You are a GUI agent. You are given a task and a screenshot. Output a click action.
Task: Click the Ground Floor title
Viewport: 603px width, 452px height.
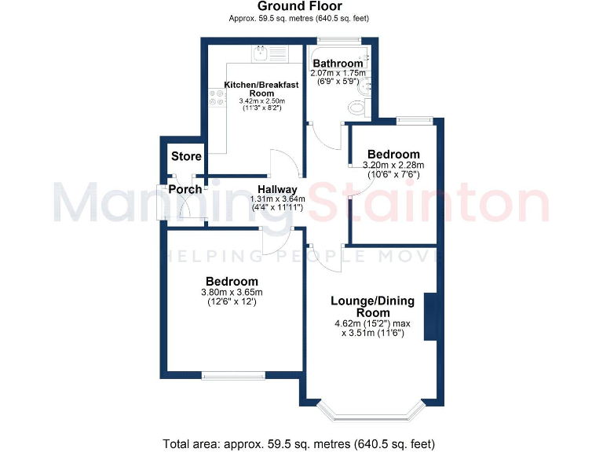click(x=301, y=7)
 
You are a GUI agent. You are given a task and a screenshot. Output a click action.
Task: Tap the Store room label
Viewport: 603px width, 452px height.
click(x=186, y=156)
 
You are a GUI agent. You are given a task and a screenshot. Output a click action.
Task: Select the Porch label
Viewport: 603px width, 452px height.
click(x=185, y=190)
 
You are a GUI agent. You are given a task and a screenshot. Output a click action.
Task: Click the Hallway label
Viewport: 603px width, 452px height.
click(x=276, y=189)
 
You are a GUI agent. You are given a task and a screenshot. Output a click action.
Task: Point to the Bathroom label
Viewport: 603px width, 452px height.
click(x=338, y=64)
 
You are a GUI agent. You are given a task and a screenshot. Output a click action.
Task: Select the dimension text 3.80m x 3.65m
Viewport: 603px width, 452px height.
click(x=232, y=293)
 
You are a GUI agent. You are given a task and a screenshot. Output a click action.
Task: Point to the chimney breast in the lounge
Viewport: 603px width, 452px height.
click(x=430, y=316)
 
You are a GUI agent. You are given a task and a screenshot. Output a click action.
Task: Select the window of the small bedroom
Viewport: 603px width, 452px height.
click(x=414, y=120)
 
